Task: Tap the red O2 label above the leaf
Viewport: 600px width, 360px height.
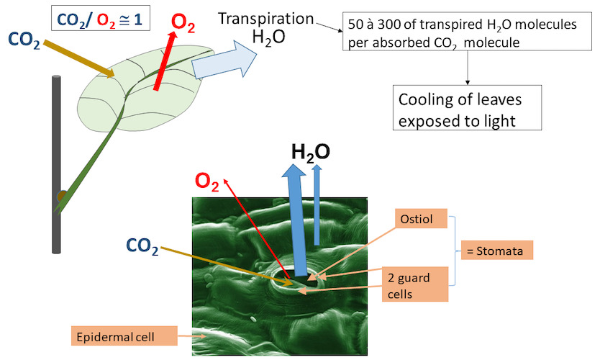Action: tap(183, 21)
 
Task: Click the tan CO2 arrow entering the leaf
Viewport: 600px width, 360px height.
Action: tap(79, 57)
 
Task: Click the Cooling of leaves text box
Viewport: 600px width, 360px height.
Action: tap(467, 109)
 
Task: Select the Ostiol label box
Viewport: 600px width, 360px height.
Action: tap(422, 217)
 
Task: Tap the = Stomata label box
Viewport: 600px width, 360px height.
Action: tap(498, 251)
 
